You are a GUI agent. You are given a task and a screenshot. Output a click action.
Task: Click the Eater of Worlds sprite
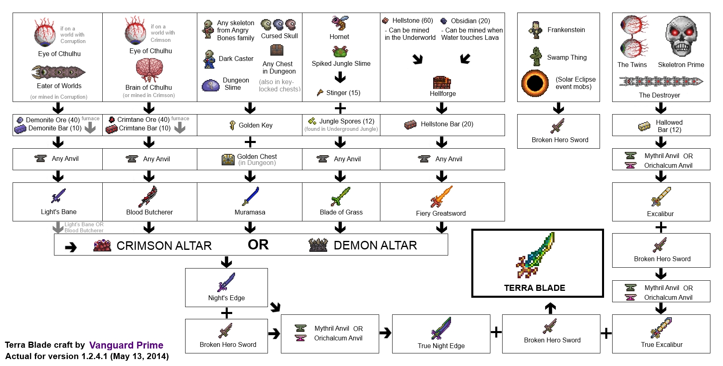point(58,73)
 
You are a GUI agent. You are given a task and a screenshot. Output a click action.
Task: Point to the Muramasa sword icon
point(250,196)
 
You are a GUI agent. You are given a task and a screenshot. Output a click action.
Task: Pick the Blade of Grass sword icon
point(340,196)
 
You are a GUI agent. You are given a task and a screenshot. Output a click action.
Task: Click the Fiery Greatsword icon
point(441,197)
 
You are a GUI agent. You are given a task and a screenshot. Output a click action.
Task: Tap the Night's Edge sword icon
point(226,282)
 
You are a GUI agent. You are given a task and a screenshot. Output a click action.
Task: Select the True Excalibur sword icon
point(661,328)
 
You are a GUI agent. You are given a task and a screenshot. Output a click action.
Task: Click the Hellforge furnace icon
point(442,82)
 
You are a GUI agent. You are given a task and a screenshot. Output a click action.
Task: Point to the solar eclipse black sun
point(535,83)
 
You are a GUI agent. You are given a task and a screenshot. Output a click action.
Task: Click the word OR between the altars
point(258,245)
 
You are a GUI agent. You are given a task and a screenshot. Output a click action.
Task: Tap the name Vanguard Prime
point(126,345)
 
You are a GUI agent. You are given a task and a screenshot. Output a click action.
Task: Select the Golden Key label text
point(255,125)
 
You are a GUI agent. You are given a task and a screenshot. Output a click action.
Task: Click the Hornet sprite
point(340,23)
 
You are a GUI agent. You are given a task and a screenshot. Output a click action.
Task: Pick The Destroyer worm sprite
point(660,82)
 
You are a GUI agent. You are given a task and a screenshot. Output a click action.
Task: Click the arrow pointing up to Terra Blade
point(550,308)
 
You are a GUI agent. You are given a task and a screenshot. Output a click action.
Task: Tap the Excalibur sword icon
point(661,197)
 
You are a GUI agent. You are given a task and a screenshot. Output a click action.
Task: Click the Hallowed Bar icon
point(644,126)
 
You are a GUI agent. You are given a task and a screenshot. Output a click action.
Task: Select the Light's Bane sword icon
point(58,196)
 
